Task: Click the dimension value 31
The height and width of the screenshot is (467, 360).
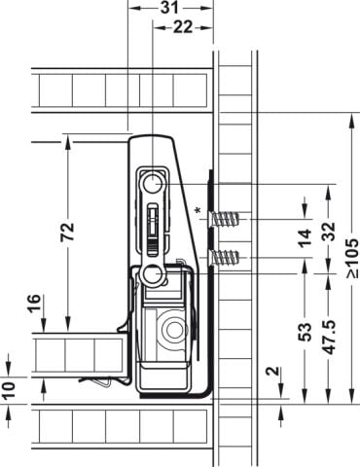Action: (169, 7)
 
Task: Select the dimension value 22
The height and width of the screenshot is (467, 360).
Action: (183, 27)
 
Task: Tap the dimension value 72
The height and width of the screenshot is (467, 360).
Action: (68, 232)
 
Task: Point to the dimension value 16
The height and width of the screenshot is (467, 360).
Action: (34, 304)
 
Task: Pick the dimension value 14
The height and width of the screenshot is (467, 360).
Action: (305, 238)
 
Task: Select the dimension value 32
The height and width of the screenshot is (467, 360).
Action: (329, 232)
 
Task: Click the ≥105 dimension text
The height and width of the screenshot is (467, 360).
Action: (352, 258)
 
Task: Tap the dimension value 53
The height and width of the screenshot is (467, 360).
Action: (305, 332)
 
